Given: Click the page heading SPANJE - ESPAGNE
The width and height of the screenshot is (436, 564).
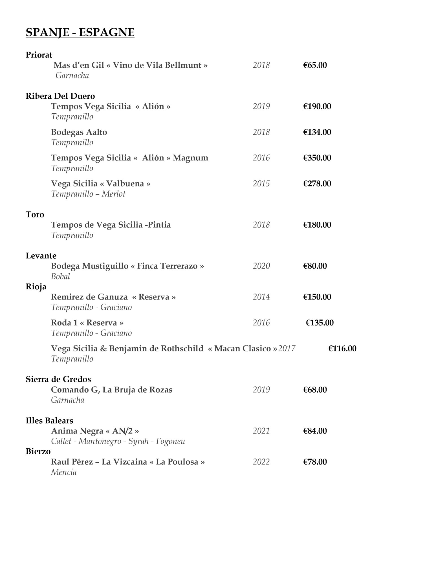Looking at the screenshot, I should (x=80, y=32).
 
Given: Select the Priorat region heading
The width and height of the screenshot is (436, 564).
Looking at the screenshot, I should (x=39, y=55).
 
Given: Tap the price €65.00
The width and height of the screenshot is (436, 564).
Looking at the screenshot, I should (x=315, y=65).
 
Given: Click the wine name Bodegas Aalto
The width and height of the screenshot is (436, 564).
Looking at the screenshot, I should (x=79, y=132).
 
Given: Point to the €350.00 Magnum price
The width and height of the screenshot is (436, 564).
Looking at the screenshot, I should (x=317, y=158).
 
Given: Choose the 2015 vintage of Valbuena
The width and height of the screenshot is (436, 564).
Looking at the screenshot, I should (x=261, y=184).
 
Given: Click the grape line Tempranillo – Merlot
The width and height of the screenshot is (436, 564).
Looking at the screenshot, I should (x=88, y=194).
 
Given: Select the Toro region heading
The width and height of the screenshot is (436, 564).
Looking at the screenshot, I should (x=35, y=215).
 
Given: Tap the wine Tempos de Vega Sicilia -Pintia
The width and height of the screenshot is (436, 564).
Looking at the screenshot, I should (x=111, y=225).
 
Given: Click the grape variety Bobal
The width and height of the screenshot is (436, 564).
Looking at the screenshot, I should (x=60, y=276).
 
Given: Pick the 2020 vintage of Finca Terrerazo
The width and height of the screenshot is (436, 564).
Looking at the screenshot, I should (x=261, y=266).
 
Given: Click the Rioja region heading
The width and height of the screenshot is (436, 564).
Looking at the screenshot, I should (x=36, y=287).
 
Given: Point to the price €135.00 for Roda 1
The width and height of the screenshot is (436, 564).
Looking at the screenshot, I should (x=320, y=323).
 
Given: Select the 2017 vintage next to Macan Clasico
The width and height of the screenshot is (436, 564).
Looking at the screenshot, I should (x=287, y=349).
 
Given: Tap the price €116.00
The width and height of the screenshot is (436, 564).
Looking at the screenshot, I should (x=342, y=349).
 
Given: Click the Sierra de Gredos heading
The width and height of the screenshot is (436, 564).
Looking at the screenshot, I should (x=58, y=379).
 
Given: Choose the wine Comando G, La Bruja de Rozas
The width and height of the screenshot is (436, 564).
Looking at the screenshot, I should (x=112, y=390).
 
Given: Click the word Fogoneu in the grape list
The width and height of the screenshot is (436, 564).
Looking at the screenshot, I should (x=170, y=441).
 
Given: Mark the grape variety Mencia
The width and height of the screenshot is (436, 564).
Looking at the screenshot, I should (x=64, y=472).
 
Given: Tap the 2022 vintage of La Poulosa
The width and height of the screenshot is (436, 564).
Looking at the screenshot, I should (x=261, y=462).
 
